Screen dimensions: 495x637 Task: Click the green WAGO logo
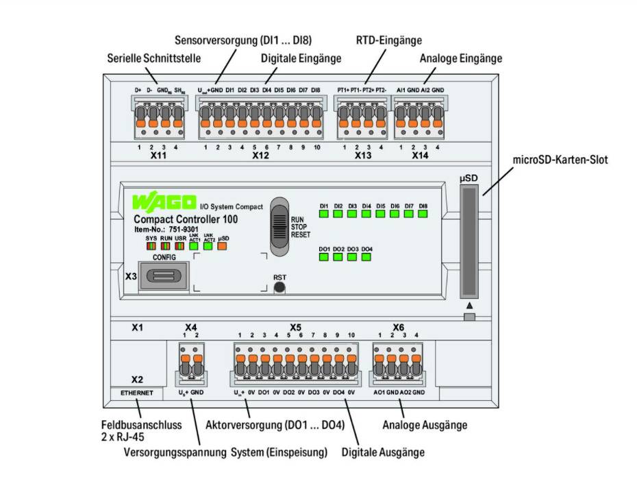coord(163,204)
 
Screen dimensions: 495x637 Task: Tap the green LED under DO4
coord(366,257)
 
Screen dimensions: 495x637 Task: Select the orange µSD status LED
coord(223,247)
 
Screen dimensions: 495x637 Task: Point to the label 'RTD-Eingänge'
coord(388,40)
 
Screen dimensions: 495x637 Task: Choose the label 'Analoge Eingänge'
coord(461,58)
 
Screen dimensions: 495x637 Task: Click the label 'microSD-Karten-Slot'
coord(560,160)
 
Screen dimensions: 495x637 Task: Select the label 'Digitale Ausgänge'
coord(383,452)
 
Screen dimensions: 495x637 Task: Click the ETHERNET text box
coord(137,394)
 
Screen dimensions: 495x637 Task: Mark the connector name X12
coord(260,156)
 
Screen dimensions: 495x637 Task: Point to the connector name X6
coord(399,326)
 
